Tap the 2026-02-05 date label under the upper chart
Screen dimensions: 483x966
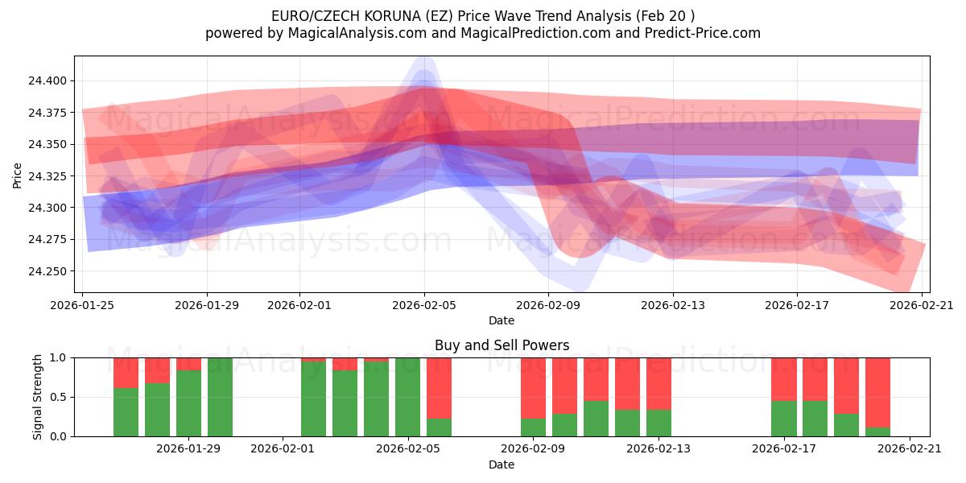[x=424, y=305]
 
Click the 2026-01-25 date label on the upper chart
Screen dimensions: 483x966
[x=83, y=305]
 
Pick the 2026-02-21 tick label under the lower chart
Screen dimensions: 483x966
[x=910, y=449]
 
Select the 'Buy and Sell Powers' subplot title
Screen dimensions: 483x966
[x=502, y=345]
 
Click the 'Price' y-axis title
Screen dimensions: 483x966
[x=18, y=175]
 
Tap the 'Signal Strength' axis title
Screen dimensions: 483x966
[x=38, y=397]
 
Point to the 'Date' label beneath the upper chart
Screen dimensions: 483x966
[x=502, y=320]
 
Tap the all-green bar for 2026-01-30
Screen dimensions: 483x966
[x=220, y=397]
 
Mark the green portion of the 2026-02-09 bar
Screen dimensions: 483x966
[x=533, y=427]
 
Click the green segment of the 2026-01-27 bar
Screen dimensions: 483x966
[x=157, y=410]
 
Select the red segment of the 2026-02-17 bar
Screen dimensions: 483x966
[x=783, y=378]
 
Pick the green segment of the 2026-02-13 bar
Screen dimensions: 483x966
[x=658, y=423]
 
